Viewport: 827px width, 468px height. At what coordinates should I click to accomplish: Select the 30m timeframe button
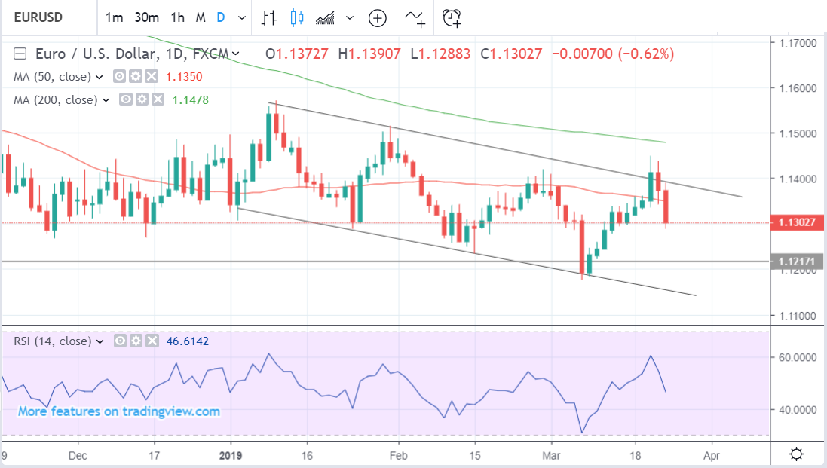click(x=146, y=17)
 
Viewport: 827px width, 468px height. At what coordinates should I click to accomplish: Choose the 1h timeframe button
click(x=177, y=17)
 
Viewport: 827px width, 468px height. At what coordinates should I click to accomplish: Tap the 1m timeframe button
click(x=114, y=17)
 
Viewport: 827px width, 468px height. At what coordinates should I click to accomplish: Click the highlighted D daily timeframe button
click(x=221, y=17)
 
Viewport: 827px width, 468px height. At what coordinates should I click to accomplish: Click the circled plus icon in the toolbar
click(x=377, y=17)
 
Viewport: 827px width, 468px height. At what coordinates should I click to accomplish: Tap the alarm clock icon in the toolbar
click(x=452, y=17)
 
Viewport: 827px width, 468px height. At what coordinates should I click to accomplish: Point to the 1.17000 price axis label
click(x=798, y=44)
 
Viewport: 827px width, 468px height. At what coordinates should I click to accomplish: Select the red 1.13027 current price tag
click(x=798, y=222)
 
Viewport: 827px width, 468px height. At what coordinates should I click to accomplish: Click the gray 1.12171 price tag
click(x=798, y=262)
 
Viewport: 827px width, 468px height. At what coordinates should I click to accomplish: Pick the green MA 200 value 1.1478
click(x=191, y=99)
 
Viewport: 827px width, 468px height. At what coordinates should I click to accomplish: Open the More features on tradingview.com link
click(x=119, y=411)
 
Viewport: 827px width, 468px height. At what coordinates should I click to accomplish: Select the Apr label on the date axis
click(x=711, y=455)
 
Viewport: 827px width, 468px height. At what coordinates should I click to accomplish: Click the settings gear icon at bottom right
click(x=796, y=454)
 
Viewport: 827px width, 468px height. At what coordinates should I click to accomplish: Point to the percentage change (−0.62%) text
click(x=646, y=54)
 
